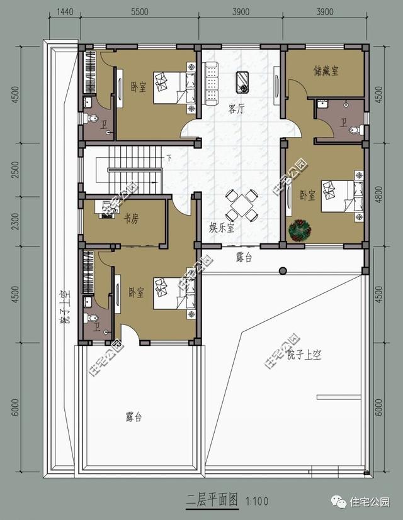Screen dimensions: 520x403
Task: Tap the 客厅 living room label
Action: [x=236, y=108]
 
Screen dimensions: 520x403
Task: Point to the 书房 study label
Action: [x=131, y=219]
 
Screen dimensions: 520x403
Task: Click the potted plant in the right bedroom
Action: [x=298, y=230]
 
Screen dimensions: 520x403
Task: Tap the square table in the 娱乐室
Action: [x=242, y=206]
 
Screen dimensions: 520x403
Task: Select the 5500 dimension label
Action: [x=140, y=12]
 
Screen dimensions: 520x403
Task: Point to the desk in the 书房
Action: [x=103, y=207]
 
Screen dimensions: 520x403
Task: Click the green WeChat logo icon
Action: [x=340, y=501]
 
